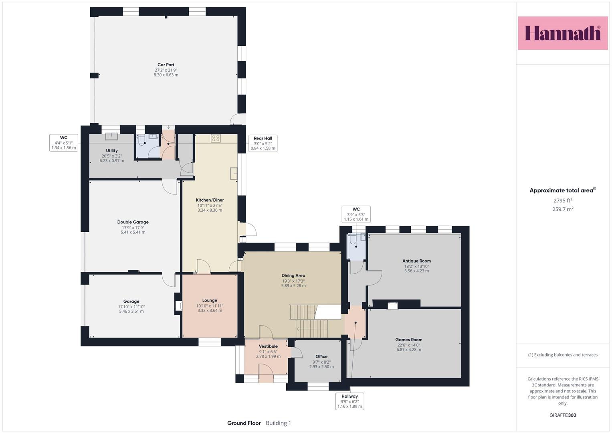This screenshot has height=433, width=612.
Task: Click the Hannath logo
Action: [563, 33]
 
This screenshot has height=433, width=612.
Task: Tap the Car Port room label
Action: [166, 65]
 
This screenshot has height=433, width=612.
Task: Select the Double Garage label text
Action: [133, 222]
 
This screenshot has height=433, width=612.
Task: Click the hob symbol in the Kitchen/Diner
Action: [216, 138]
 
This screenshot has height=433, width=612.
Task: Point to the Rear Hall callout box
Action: [263, 143]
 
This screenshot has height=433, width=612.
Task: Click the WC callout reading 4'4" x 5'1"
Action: [64, 142]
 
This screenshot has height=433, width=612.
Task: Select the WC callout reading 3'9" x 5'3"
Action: [356, 214]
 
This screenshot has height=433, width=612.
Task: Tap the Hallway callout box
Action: [350, 401]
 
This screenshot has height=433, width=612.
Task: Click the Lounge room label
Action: [210, 300]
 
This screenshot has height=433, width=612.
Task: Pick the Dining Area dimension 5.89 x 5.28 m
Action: [293, 285]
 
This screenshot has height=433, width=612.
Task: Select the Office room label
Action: [321, 356]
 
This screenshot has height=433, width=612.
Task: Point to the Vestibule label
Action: [268, 346]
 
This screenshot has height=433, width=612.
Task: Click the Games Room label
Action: [409, 340]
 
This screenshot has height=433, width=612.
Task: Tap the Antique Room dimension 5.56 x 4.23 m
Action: [417, 271]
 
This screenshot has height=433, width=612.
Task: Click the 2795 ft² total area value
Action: [563, 200]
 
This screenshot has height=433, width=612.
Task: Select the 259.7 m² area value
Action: [563, 209]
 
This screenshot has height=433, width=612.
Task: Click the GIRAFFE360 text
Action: [563, 415]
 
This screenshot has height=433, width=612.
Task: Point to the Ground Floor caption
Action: [244, 423]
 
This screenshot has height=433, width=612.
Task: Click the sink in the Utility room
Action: [111, 136]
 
